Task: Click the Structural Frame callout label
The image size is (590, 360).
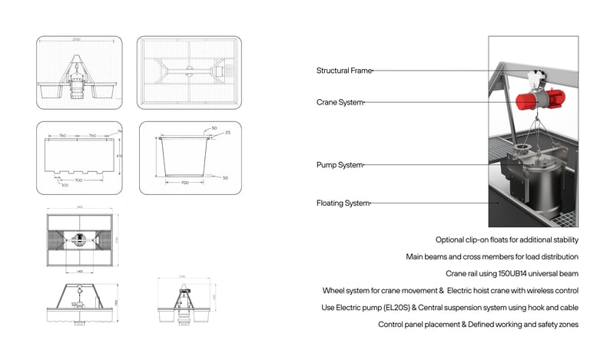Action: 343,71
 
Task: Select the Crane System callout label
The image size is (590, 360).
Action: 339,102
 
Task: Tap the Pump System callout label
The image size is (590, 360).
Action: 339,165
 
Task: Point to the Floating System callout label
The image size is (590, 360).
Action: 343,203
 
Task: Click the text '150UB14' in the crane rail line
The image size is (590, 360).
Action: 510,273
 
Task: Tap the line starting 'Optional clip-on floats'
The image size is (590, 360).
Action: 506,239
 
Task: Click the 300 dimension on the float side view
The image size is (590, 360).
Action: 65,185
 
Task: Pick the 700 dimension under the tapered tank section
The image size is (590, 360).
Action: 184,183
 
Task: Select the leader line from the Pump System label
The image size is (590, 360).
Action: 430,165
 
